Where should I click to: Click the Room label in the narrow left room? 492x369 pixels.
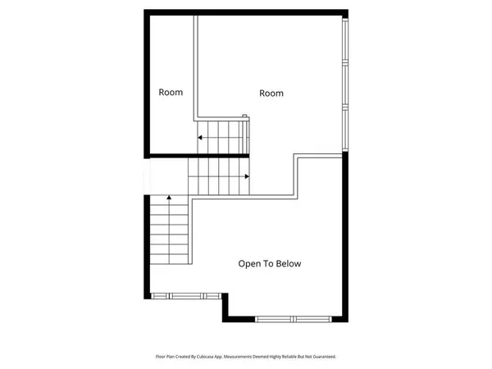coord(171,92)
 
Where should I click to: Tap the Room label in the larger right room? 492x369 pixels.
coord(271,93)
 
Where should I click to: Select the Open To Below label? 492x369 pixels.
coord(270,264)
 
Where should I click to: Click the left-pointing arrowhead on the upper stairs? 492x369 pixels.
coord(198,138)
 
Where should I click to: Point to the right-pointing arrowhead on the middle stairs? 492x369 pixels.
coord(247,175)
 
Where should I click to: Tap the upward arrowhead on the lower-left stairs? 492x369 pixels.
coord(169,198)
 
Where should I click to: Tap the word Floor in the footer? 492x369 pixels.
coord(162,357)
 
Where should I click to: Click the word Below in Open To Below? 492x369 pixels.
coord(289,264)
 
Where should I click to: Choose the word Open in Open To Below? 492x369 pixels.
coord(248,264)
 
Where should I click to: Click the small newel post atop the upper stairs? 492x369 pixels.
coord(244,116)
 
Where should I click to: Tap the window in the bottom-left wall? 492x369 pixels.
coord(184,295)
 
